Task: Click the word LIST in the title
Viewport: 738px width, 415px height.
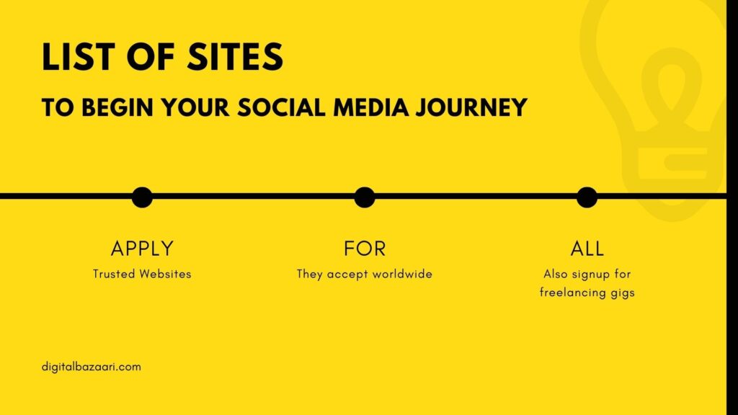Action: (x=78, y=57)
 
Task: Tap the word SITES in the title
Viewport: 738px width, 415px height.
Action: (x=236, y=57)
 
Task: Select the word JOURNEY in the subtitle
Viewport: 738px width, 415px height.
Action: (x=471, y=107)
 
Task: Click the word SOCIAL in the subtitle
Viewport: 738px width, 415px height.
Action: (x=282, y=107)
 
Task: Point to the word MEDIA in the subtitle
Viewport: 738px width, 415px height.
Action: (x=371, y=107)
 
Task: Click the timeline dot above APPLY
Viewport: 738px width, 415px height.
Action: (x=142, y=197)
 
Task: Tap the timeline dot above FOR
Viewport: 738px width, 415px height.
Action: (x=365, y=197)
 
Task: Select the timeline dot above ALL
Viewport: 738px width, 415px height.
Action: (x=587, y=197)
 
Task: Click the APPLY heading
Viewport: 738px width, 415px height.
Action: (x=142, y=249)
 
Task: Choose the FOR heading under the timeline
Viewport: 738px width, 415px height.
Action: (x=365, y=249)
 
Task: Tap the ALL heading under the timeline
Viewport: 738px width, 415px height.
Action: (x=587, y=249)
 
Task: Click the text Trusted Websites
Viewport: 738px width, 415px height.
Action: (x=142, y=274)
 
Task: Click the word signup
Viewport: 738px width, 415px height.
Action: (x=590, y=275)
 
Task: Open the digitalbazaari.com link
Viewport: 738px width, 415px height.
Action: (x=92, y=367)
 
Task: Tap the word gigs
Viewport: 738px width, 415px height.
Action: (x=623, y=293)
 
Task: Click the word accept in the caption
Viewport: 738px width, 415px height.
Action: (x=348, y=275)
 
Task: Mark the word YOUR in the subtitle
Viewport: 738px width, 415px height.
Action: (x=195, y=107)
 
